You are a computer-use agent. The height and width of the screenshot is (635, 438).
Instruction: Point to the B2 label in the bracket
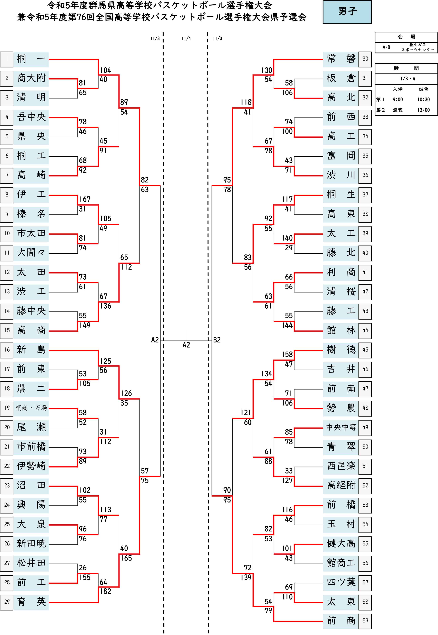[x=217, y=340]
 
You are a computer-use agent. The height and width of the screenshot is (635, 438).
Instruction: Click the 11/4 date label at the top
[x=186, y=39]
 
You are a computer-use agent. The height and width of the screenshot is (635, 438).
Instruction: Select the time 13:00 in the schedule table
[x=423, y=110]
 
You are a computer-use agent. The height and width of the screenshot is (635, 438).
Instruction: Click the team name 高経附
[x=341, y=486]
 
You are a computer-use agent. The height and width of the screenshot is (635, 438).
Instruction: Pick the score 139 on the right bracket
[x=246, y=577]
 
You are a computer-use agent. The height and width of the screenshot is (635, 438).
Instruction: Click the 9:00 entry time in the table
[x=398, y=99]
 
